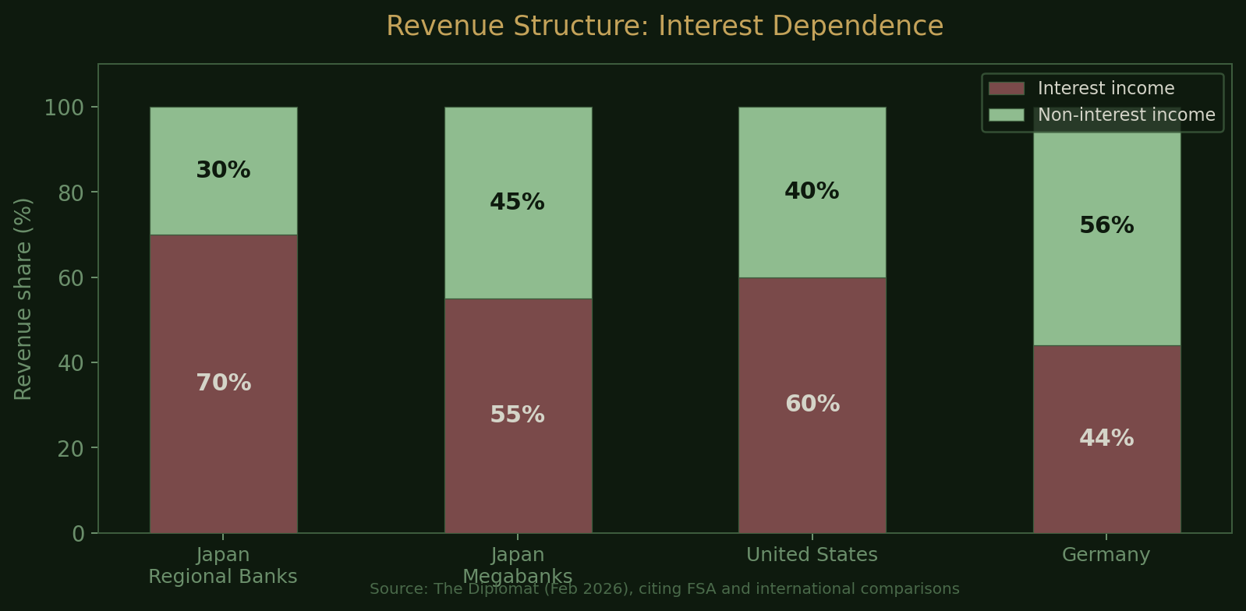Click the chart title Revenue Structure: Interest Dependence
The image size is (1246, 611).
click(664, 26)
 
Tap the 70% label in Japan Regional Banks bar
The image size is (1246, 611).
click(223, 383)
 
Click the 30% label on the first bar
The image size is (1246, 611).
click(223, 171)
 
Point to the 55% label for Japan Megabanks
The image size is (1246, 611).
click(517, 415)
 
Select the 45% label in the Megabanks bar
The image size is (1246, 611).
click(517, 203)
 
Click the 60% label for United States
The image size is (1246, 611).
click(812, 404)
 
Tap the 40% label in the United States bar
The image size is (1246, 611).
click(812, 192)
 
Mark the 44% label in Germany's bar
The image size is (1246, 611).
click(1106, 439)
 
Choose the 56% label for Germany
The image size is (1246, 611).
click(1106, 226)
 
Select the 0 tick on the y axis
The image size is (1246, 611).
click(79, 534)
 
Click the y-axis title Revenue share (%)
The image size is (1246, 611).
click(23, 298)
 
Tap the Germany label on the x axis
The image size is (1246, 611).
click(1106, 555)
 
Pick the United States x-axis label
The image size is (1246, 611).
click(812, 555)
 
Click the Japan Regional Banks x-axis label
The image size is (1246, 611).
click(223, 566)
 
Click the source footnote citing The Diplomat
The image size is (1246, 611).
click(664, 590)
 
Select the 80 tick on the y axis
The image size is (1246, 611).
click(73, 192)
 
